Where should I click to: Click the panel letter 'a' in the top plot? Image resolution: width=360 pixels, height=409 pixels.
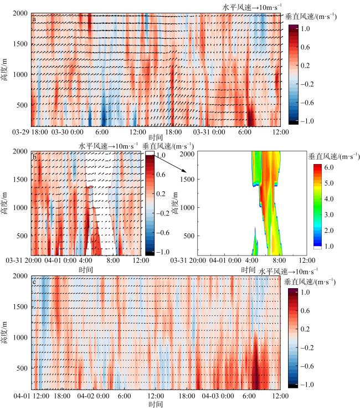click(x=35, y=20)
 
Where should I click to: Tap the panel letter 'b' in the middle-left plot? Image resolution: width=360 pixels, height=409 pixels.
click(x=35, y=157)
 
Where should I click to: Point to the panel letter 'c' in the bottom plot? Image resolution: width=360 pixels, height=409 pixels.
click(x=35, y=282)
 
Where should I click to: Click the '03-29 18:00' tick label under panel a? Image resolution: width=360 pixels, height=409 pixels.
click(x=30, y=133)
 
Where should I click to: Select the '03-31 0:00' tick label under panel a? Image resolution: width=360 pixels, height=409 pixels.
click(x=209, y=133)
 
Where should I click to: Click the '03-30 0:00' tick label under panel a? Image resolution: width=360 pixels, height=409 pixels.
click(x=68, y=133)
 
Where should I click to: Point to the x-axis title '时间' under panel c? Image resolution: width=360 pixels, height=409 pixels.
click(x=156, y=405)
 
